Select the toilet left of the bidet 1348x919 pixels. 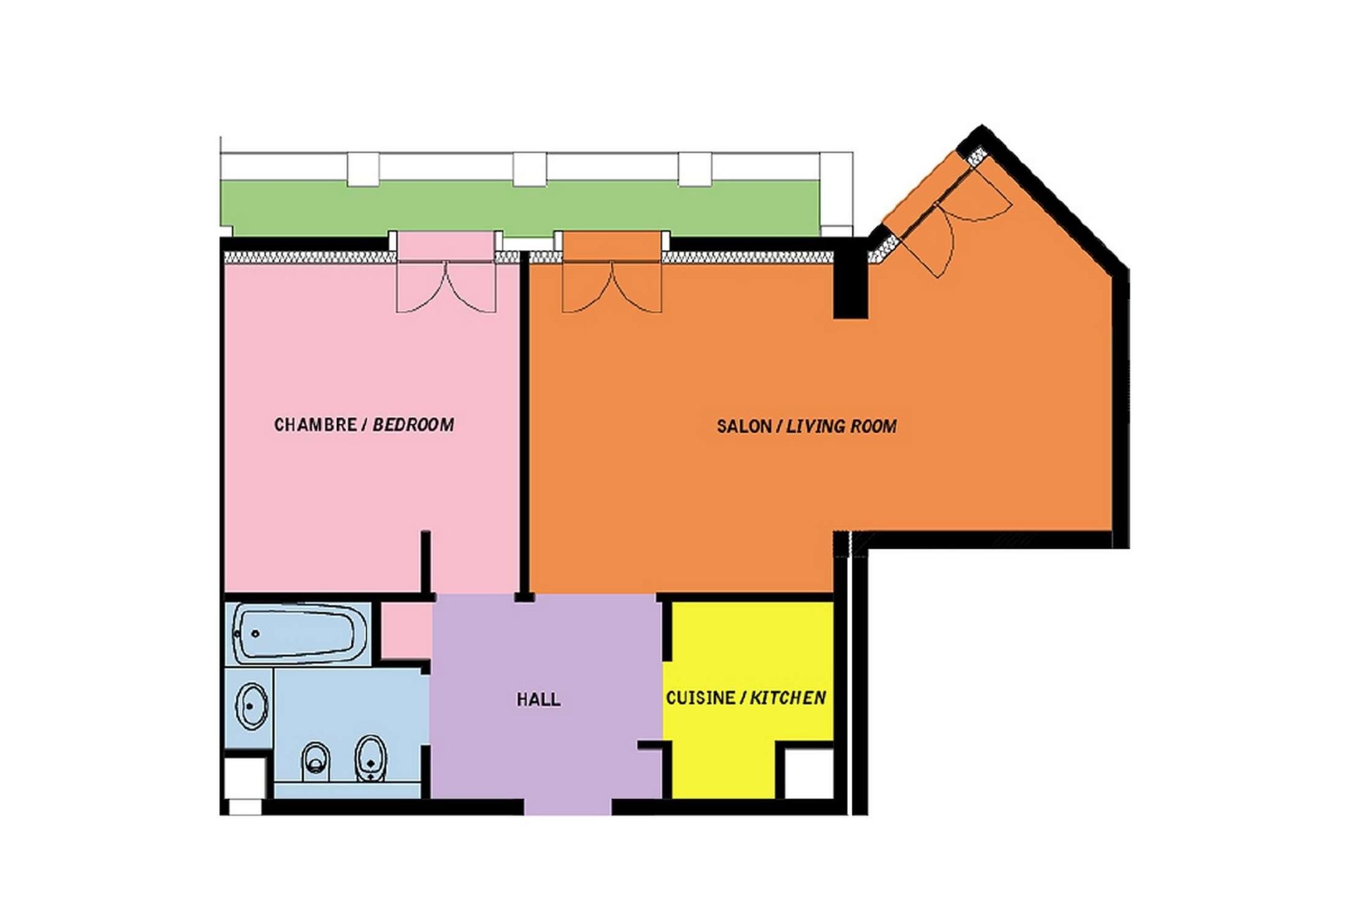[315, 761]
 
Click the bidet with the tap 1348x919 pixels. [370, 759]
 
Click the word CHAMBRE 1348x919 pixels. [315, 425]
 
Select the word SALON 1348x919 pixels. [744, 426]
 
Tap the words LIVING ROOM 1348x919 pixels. [841, 426]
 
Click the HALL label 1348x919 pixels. [538, 699]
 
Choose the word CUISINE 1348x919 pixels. [701, 698]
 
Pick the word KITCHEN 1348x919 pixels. [788, 698]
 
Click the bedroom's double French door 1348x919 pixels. [447, 286]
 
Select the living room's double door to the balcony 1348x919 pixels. [612, 286]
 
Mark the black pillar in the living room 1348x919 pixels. [850, 279]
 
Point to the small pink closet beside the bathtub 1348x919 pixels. [406, 630]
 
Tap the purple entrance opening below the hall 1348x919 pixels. [568, 806]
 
